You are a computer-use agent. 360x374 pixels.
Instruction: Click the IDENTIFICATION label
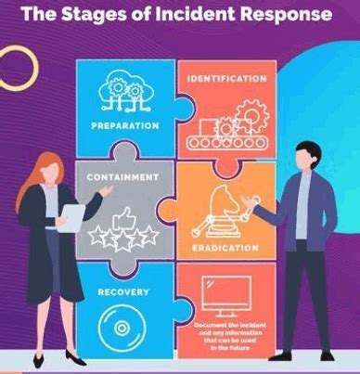[x=227, y=78]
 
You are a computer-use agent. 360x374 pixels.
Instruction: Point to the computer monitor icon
[x=228, y=297]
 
